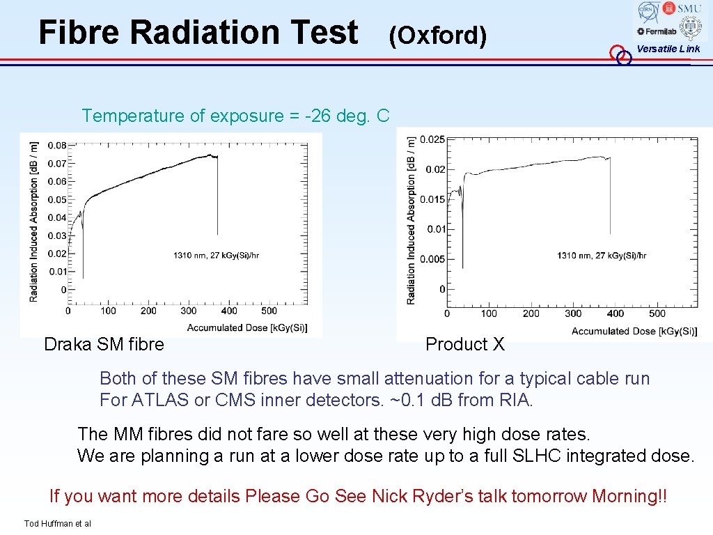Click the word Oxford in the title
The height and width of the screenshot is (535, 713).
[x=438, y=35]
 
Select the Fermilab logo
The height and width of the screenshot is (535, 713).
[x=650, y=31]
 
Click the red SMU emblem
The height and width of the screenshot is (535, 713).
[x=669, y=8]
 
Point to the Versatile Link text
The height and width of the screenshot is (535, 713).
[x=668, y=49]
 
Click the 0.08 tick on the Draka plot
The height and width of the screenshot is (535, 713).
[x=57, y=146]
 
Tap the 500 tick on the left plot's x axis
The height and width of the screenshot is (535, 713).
[x=269, y=311]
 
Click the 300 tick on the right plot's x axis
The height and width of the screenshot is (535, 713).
[x=573, y=313]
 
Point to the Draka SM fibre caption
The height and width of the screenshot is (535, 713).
[x=104, y=344]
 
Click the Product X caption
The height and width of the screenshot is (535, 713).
[x=464, y=344]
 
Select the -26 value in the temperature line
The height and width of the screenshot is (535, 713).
[x=320, y=116]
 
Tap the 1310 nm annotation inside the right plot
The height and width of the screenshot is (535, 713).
[x=601, y=256]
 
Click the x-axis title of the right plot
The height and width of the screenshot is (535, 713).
[x=634, y=331]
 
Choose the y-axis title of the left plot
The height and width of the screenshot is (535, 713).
[x=34, y=222]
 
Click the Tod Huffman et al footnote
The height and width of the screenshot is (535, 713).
[x=57, y=524]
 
